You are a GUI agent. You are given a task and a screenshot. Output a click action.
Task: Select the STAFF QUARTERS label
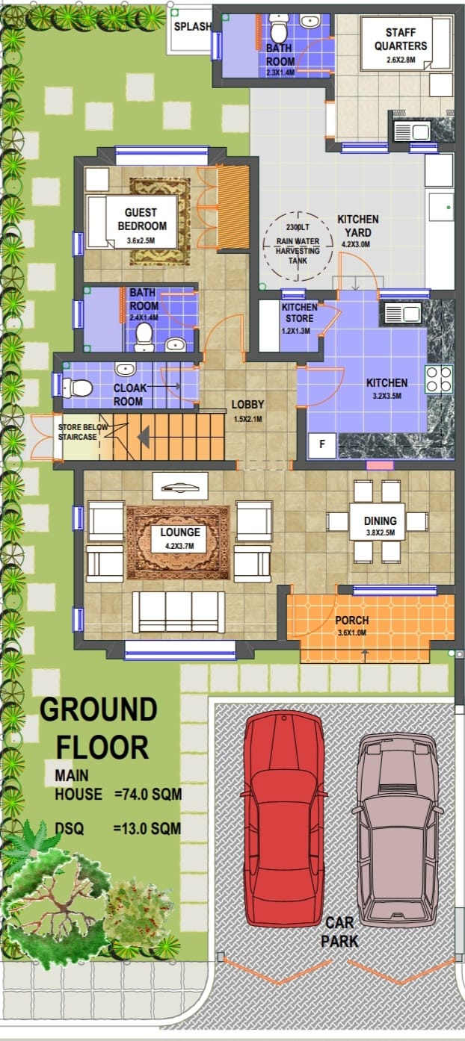pos(400,39)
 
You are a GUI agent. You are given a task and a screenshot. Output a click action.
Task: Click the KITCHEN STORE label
pos(299,313)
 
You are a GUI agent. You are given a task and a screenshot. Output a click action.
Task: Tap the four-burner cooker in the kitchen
pos(439,379)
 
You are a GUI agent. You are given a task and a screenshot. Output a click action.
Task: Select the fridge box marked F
pos(322,445)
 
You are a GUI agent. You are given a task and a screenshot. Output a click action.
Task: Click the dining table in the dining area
pos(377,521)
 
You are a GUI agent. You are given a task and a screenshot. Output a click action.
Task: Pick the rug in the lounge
pos(178,542)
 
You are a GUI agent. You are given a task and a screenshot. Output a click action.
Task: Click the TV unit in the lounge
pos(180,487)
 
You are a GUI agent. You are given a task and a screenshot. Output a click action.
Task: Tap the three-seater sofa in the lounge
pos(178,612)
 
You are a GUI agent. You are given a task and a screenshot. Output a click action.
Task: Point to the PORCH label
pos(352,621)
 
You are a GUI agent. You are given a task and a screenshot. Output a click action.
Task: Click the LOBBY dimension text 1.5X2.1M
pos(247,419)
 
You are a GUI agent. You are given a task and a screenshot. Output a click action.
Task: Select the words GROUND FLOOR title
pos(99,728)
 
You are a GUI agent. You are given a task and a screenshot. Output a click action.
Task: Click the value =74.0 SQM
pos(148,795)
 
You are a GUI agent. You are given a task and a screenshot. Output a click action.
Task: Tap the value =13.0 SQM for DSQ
pos(147,829)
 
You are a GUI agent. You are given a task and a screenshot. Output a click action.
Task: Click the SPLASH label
pos(193,26)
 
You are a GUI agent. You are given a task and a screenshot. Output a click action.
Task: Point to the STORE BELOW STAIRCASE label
pos(83,432)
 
